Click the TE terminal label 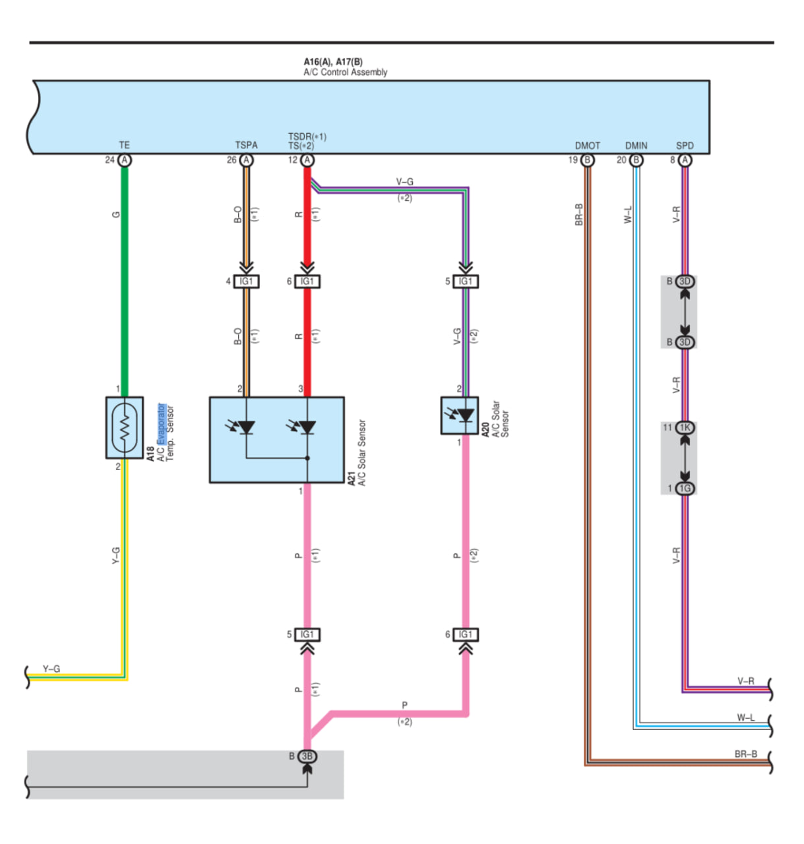click(124, 145)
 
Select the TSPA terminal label click(246, 145)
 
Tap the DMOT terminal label click(587, 146)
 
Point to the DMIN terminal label click(636, 146)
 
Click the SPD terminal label click(685, 146)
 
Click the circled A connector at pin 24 click(125, 160)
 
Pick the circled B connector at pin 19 click(587, 160)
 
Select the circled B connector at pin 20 click(636, 160)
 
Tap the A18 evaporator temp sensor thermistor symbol click(125, 427)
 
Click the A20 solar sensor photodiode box click(459, 415)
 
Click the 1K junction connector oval click(685, 427)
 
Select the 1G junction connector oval click(685, 488)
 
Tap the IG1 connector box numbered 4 click(246, 281)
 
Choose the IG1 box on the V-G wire click(466, 281)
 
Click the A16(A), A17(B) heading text click(333, 62)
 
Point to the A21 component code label click(352, 478)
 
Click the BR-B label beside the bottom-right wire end click(745, 754)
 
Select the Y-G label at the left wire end click(51, 669)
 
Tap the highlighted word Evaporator click(161, 424)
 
